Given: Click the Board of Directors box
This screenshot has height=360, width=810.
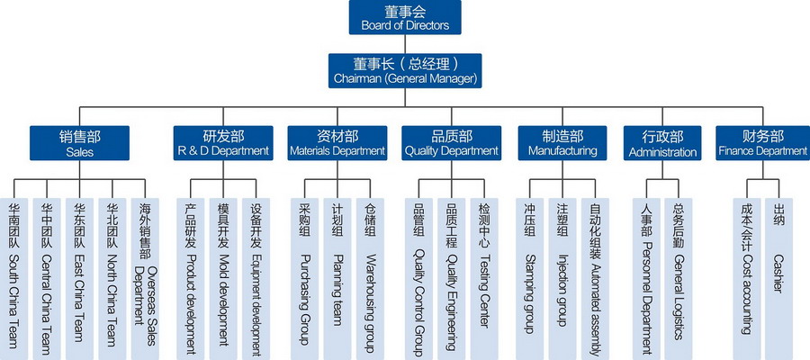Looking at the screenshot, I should click(405, 18).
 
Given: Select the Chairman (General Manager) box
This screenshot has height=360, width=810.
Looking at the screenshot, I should click(405, 70).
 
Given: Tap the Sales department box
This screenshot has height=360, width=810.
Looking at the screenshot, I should click(80, 143).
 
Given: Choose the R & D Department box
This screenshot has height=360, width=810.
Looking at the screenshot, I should click(223, 143).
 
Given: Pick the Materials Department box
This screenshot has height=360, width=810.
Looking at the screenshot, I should click(337, 143).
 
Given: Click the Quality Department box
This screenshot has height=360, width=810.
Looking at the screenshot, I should click(451, 143).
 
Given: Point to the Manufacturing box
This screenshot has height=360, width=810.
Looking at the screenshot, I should click(562, 143).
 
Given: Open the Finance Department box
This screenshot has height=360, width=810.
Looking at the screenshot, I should click(762, 143).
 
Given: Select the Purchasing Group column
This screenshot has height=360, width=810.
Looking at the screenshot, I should click(303, 274).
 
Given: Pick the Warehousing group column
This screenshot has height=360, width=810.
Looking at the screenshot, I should click(369, 274).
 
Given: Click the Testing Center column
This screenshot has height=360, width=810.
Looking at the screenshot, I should click(484, 274).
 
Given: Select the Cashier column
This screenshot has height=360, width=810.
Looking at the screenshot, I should click(778, 274).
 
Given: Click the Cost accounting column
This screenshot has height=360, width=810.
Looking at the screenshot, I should click(746, 274).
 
